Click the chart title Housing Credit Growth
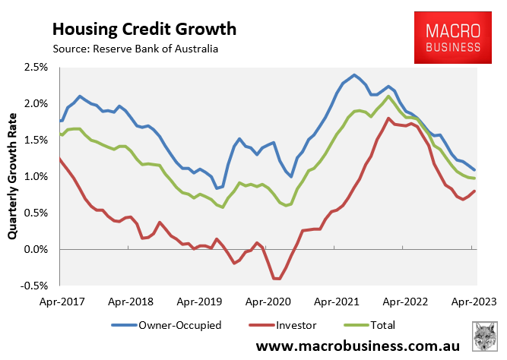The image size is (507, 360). point(144,29)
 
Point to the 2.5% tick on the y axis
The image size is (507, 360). point(36,68)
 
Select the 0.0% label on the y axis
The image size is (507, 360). point(36,250)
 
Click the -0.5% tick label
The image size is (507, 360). point(34,286)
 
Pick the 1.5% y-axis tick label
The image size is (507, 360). point(36,141)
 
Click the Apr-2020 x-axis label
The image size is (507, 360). point(268,300)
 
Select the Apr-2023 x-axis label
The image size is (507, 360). point(475,300)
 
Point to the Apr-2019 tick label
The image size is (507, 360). point(199,300)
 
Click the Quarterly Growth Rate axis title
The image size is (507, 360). point(12,177)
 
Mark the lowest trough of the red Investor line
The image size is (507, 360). point(277,279)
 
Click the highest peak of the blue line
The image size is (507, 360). point(354,74)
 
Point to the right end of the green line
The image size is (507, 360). point(475,178)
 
